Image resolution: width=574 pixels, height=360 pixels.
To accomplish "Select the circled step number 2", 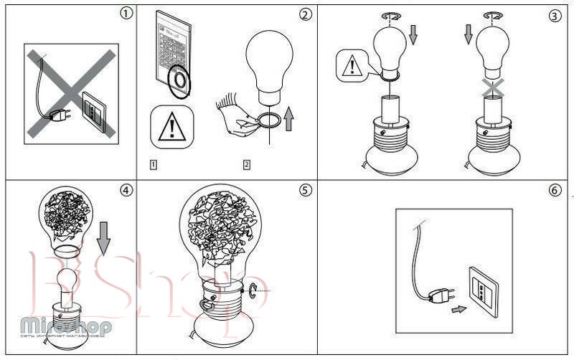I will [x=306, y=14].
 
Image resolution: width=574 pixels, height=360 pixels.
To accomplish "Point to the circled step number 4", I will [x=126, y=190].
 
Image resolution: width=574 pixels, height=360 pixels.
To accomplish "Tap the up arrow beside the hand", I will [x=290, y=118].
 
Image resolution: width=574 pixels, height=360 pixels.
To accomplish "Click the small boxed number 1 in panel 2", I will [x=154, y=165].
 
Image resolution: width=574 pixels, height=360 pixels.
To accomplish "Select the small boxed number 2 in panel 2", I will [x=247, y=165].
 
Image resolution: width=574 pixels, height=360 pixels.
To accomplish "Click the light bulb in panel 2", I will [x=269, y=68].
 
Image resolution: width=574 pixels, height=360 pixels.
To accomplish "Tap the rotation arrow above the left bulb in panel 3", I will [x=391, y=14].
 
